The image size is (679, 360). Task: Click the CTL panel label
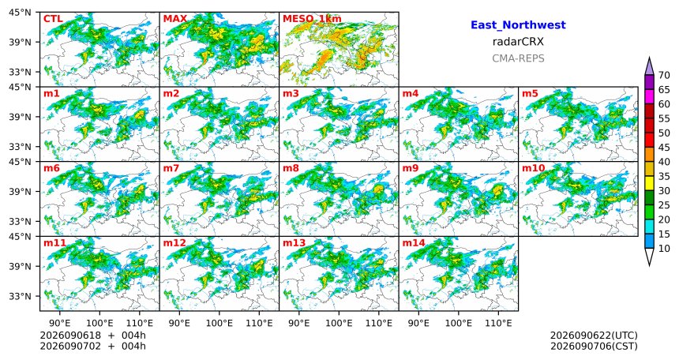pos(53,19)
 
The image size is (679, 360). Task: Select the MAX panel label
pos(175,19)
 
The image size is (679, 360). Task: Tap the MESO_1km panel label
pos(312,19)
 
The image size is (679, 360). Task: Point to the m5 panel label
pos(530,93)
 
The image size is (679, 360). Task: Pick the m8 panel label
pos(291,168)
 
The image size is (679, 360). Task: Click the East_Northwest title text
pos(518,25)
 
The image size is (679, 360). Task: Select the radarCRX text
pos(518,42)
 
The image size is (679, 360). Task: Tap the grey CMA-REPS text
pos(518,58)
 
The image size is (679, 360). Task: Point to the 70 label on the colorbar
pos(664,75)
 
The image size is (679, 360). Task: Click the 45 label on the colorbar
pos(664,148)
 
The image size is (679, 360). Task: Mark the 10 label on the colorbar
pos(664,248)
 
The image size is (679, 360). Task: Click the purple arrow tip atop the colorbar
pos(649,57)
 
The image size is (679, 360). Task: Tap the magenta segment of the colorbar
pos(649,96)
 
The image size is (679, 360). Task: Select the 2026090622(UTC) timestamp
pos(594,336)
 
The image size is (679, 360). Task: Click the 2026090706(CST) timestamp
pos(594,346)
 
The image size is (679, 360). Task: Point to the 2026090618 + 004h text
pos(92,336)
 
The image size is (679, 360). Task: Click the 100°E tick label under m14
pos(458,323)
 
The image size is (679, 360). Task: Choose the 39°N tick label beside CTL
pos(21,42)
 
